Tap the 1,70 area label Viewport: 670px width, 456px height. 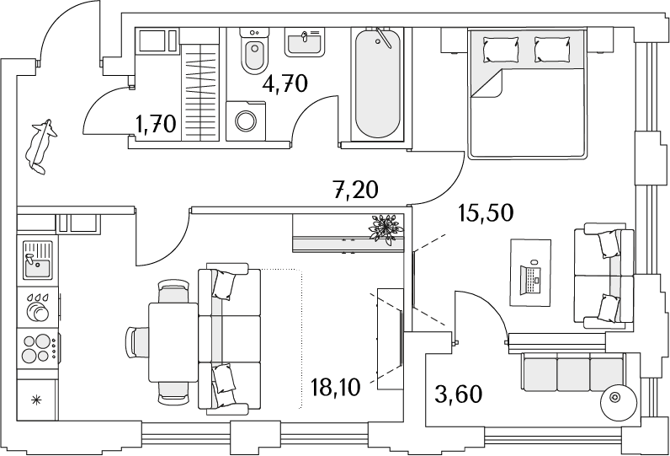tap(155, 124)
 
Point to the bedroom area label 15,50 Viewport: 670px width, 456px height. tap(485, 212)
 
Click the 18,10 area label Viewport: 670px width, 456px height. tap(337, 388)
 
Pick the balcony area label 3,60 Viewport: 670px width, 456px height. tap(459, 394)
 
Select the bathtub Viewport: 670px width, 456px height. tap(377, 83)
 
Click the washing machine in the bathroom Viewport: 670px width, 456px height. tap(246, 121)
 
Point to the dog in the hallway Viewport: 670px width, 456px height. tap(40, 147)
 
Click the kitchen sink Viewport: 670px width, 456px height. tap(38, 260)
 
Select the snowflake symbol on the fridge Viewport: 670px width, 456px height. tap(37, 401)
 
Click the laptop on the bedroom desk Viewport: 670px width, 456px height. tap(530, 279)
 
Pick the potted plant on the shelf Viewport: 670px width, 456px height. tap(386, 229)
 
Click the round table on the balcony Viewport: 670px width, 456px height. tap(615, 398)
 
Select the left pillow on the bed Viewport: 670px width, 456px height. tap(501, 50)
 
